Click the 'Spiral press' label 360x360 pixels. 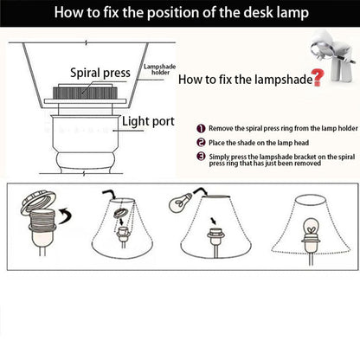coord(100,73)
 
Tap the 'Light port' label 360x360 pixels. coord(148,121)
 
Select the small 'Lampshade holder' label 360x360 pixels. coord(160,69)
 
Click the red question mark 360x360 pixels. coord(318,78)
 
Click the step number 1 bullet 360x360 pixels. coord(201,128)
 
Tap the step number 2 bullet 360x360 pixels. coord(201,143)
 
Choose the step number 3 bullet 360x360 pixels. coord(201,157)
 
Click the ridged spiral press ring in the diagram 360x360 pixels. coord(85,93)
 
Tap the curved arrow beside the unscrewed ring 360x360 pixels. coord(65,215)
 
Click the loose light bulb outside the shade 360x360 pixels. coord(180,202)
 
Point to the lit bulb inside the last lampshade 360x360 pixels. coord(311,228)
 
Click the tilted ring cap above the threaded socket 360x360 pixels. coord(38,201)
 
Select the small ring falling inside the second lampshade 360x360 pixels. coord(120,213)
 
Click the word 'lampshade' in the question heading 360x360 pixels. coord(284,80)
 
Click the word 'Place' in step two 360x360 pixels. coord(216,143)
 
